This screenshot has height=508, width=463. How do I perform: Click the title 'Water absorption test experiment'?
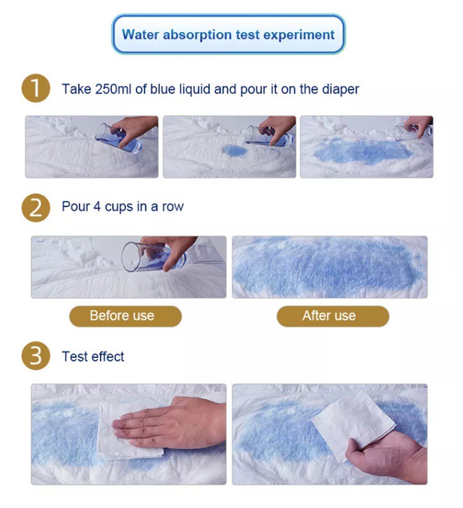(228, 35)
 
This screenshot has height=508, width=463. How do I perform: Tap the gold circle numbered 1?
(36, 88)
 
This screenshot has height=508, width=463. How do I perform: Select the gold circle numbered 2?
(36, 208)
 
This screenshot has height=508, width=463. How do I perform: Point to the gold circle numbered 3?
(36, 356)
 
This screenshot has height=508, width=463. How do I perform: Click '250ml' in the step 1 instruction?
(113, 89)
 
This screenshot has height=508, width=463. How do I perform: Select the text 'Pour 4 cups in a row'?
(122, 207)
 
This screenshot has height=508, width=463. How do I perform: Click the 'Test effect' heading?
(93, 357)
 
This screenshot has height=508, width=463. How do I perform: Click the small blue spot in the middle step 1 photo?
(234, 151)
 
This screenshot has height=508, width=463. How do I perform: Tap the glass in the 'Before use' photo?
(152, 257)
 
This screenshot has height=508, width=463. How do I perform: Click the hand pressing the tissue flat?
(168, 421)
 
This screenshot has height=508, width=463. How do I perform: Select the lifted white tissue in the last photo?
(353, 423)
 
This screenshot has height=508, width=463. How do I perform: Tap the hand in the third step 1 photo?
(418, 126)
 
